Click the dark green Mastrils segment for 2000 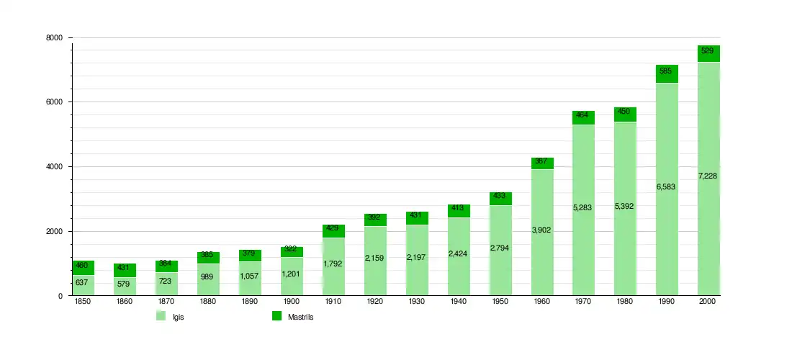tap(709, 54)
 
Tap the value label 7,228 tap(708, 176)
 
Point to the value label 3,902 tap(541, 230)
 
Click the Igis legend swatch tap(161, 316)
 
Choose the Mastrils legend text tap(301, 317)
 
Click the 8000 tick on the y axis tap(55, 37)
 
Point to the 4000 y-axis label tap(55, 167)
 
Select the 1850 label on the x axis tap(83, 302)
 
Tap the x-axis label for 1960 tap(541, 302)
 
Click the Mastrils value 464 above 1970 tap(583, 114)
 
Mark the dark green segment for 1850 tap(83, 268)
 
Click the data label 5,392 tap(625, 207)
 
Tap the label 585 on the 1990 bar tap(667, 71)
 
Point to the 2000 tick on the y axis tap(55, 232)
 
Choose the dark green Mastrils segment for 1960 tap(541, 163)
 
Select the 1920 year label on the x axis tap(374, 302)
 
